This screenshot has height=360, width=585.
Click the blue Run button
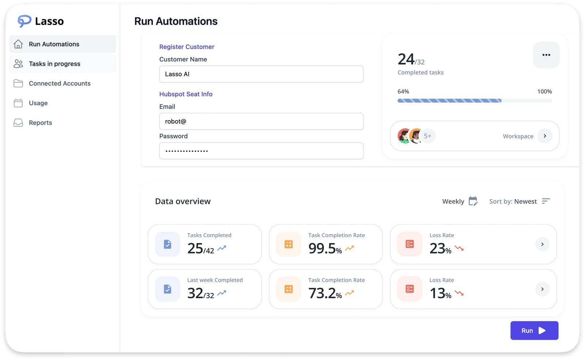tap(534, 330)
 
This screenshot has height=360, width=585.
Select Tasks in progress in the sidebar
tap(54, 64)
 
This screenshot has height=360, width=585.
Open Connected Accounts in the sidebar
tap(60, 84)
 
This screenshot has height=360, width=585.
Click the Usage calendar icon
tap(18, 103)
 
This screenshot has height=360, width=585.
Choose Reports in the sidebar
tap(40, 123)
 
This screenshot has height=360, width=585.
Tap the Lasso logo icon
tap(24, 21)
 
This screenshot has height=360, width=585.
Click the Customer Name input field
tap(261, 74)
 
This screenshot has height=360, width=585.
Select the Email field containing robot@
tap(261, 121)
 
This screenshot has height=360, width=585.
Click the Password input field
tap(261, 151)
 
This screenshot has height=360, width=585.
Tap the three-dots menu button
tap(546, 55)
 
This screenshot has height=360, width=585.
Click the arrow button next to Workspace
tap(545, 136)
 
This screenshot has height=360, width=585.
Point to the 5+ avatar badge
tap(428, 136)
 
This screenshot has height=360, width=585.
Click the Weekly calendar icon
tap(473, 201)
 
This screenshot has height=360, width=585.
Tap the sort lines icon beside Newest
tap(546, 201)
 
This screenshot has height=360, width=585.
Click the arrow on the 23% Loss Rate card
tap(542, 244)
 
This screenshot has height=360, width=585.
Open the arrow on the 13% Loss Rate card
tap(542, 289)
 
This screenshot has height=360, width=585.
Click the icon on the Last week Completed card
tap(167, 289)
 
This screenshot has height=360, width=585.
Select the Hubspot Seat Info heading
tap(186, 94)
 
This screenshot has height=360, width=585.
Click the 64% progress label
tap(403, 92)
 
